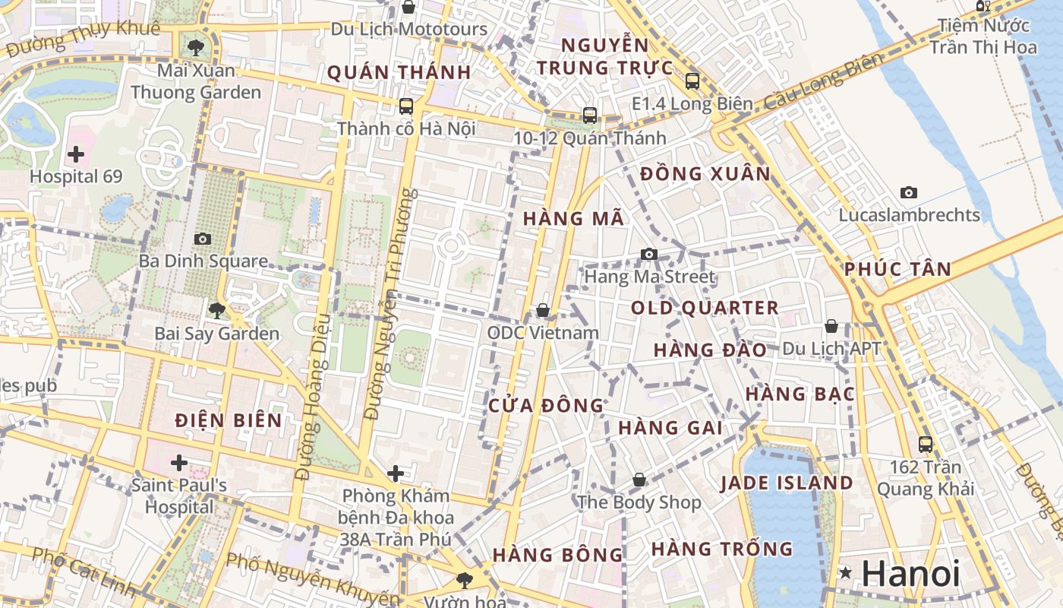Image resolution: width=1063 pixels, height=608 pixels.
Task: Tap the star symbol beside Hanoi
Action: point(845,573)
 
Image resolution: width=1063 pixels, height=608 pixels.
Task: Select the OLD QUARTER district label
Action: point(705,308)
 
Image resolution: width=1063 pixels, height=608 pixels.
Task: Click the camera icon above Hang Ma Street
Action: point(648,254)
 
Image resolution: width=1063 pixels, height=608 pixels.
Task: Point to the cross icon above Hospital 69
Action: point(76,155)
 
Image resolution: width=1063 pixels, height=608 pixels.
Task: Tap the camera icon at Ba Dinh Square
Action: point(202,239)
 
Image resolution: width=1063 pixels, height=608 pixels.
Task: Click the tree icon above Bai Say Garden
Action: point(216,310)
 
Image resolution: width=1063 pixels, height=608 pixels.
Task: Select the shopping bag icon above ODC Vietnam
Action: point(543,310)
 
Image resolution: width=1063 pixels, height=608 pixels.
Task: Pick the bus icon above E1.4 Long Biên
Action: point(692,81)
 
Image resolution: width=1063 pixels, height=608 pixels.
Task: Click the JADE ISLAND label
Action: point(787,483)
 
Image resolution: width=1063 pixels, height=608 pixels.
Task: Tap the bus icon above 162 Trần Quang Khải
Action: point(925,444)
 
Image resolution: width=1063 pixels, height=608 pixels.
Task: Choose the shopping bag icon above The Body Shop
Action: point(639,480)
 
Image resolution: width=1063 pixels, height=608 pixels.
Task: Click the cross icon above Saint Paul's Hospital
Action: point(179,462)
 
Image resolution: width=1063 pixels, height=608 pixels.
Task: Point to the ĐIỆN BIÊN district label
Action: point(228,420)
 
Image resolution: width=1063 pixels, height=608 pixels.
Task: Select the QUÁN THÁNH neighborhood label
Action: point(399,73)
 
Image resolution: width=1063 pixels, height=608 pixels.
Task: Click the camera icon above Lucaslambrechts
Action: point(908,193)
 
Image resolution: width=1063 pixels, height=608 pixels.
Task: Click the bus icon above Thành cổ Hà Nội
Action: point(406,106)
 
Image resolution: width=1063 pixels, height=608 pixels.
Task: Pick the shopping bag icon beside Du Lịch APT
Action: point(831,326)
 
